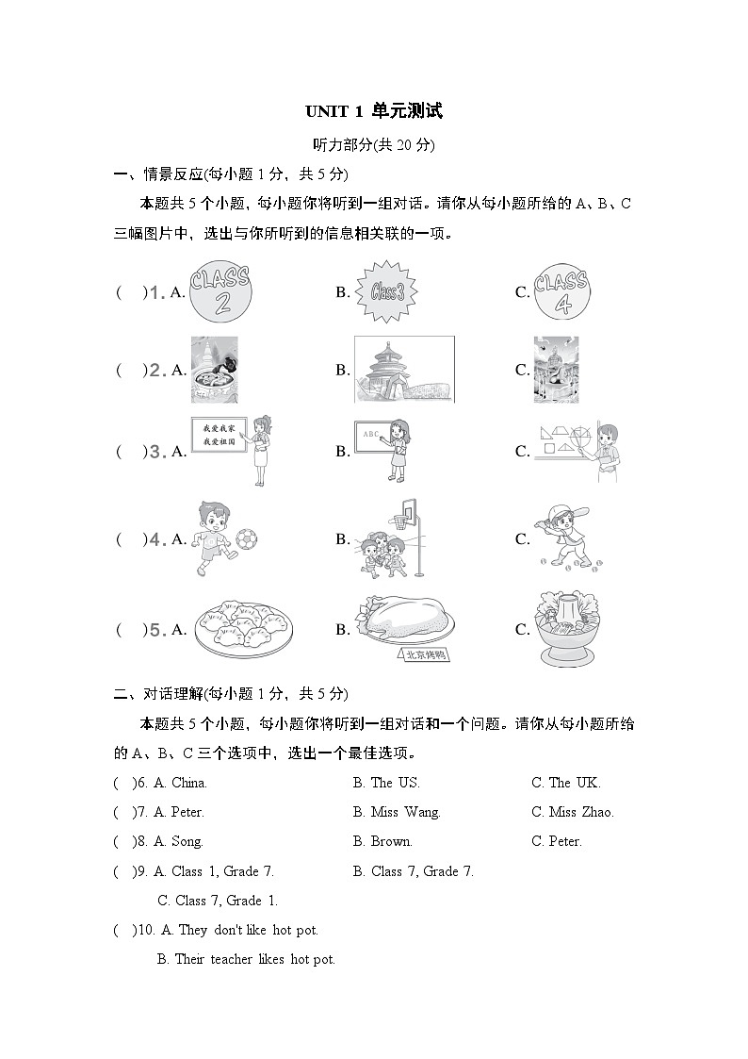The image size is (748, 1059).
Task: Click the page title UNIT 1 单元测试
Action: (x=373, y=111)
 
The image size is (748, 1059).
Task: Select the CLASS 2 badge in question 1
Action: (x=220, y=292)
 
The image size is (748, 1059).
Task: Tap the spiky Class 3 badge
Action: (x=385, y=292)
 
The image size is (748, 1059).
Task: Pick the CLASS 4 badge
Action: (x=561, y=291)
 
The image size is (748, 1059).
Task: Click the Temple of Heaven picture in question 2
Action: (x=403, y=370)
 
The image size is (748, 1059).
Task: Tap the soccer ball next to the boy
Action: (x=246, y=538)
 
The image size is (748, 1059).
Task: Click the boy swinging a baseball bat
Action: (x=561, y=538)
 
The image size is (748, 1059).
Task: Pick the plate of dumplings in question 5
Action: (x=244, y=629)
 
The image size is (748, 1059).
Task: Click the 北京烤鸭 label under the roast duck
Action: (x=424, y=655)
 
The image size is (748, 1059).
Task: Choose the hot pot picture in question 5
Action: (x=565, y=627)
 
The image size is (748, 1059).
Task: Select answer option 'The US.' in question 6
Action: (x=386, y=783)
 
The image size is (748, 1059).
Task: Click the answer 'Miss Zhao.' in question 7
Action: (x=572, y=812)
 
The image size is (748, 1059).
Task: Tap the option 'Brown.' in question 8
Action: (x=382, y=841)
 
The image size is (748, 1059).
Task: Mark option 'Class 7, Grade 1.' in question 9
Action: (x=218, y=901)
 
